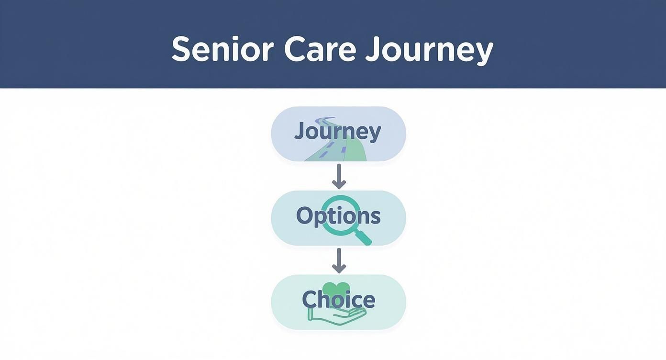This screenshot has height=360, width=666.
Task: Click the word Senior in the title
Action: point(222,49)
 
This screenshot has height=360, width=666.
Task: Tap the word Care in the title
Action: point(320,49)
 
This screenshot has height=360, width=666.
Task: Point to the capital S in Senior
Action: point(181,49)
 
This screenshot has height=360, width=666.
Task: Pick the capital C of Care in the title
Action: point(295,49)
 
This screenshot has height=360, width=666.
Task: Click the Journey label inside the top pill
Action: point(338,132)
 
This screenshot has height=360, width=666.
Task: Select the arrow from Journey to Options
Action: point(339,176)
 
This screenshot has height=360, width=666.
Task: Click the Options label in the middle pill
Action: point(338,216)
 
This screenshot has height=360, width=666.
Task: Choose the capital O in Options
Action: point(305,216)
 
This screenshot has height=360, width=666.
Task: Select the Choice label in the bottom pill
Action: point(338,300)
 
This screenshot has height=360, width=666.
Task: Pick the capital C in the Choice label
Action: point(310,300)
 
